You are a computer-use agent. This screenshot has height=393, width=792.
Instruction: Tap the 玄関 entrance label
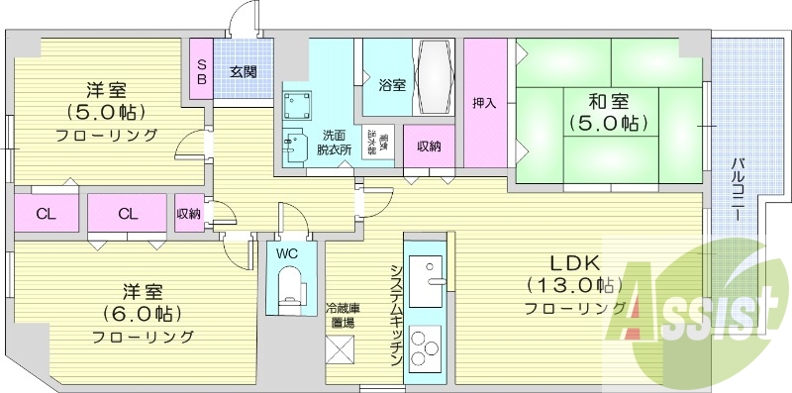[244, 71]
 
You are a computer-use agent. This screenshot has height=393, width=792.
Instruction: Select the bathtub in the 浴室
[434, 78]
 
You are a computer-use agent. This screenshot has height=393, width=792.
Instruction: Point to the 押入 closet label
[484, 102]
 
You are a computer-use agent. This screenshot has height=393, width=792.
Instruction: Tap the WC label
[287, 252]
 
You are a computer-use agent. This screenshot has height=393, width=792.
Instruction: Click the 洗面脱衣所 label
[334, 143]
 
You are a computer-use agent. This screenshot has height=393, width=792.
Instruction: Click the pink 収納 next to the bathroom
[429, 147]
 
